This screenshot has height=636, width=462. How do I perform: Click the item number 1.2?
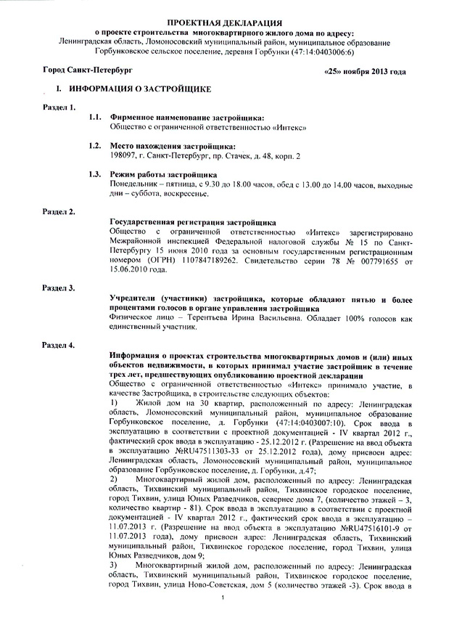pyautogui.click(x=94, y=145)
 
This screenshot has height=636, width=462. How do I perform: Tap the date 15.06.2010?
pyautogui.click(x=128, y=269)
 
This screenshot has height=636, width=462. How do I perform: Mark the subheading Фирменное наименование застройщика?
pyautogui.click(x=186, y=117)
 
